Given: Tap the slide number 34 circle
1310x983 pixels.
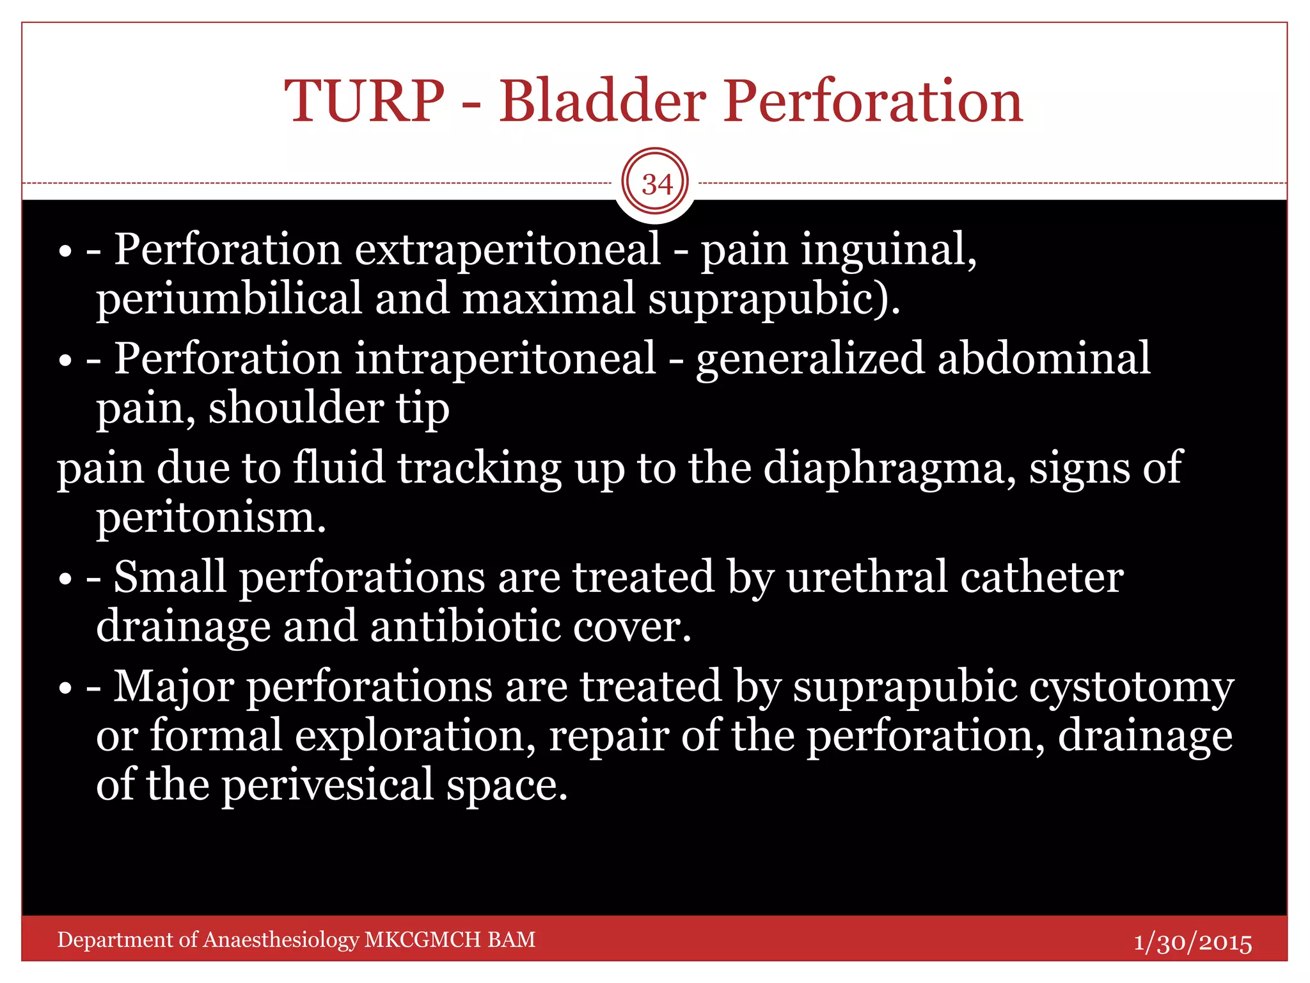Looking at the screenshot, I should tap(656, 184).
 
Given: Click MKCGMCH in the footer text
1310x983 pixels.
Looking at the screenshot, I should tap(422, 939).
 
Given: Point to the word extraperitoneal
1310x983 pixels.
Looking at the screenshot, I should tap(507, 249).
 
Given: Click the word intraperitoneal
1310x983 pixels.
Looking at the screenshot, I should tap(505, 358).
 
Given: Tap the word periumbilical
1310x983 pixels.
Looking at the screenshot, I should tap(229, 300).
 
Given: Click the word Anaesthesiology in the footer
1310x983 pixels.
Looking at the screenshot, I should tap(281, 939).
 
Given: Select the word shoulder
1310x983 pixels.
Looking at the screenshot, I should tap(296, 408).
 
